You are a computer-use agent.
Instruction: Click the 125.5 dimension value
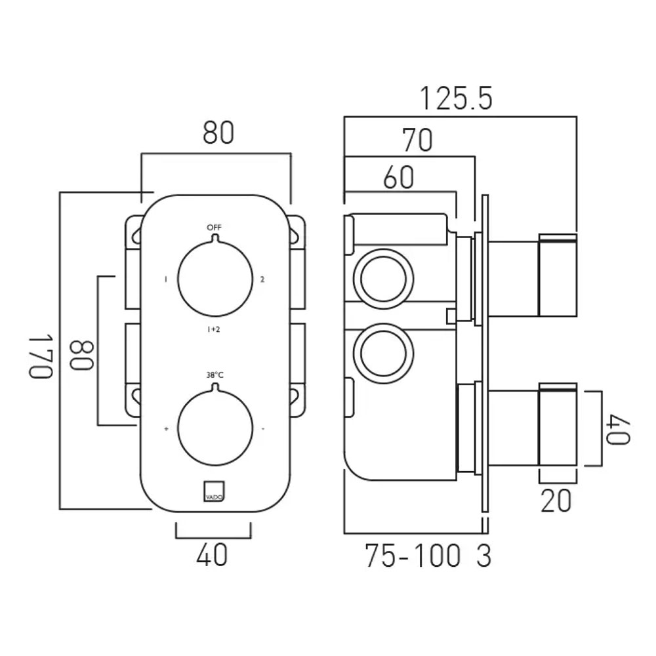[456, 99]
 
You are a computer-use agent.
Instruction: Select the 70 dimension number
[417, 140]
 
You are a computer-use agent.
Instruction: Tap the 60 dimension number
[399, 177]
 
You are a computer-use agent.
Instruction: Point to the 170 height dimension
[41, 356]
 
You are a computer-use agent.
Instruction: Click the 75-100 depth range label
[413, 556]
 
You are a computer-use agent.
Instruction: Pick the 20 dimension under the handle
[556, 501]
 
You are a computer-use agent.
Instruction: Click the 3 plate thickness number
[483, 556]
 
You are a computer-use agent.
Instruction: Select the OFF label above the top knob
[215, 228]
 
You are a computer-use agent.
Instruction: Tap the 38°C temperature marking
[215, 375]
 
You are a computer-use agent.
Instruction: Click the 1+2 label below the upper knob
[213, 329]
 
